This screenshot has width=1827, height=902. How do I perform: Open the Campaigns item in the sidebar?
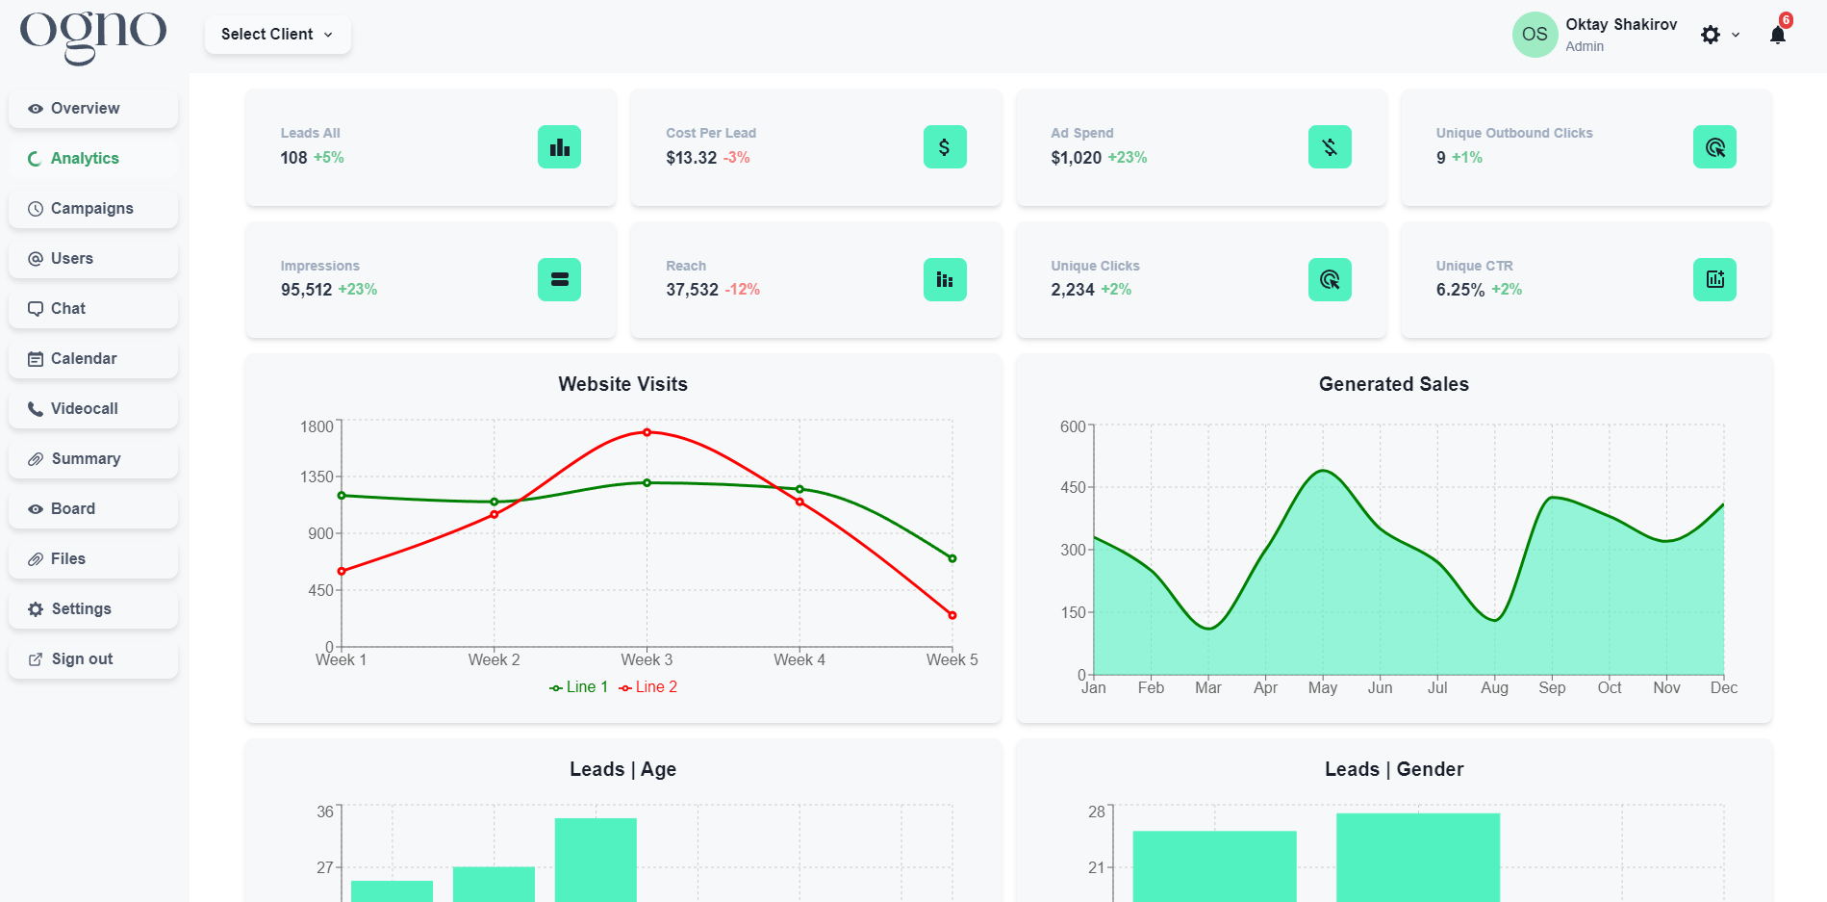coord(91,209)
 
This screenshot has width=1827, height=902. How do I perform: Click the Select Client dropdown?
coord(277,35)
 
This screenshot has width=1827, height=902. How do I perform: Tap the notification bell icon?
coord(1777,36)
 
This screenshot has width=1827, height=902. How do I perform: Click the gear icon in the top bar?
coord(1710,36)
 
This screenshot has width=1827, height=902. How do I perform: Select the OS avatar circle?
coord(1535,35)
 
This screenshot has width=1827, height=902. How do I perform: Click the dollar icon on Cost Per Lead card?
coord(944,147)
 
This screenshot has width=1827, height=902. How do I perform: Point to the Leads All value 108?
coord(293,158)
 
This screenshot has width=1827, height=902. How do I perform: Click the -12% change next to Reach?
coord(742,290)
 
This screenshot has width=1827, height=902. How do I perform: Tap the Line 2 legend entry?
coord(648,687)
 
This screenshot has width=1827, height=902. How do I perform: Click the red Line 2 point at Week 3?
coord(647,432)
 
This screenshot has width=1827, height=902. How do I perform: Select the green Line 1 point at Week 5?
coord(952,558)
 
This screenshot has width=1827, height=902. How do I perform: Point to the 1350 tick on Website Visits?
coord(317,477)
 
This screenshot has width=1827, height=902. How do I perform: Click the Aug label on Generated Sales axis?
coord(1494,688)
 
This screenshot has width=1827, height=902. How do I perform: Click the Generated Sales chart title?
coord(1393,384)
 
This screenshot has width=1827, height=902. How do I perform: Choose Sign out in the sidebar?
coord(82,659)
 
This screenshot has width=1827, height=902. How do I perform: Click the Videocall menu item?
coord(84,409)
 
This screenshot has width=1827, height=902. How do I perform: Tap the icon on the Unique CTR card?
coord(1714,280)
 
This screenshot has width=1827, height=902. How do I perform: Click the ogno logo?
coord(93,37)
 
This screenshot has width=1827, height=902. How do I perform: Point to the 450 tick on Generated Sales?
coord(1073,488)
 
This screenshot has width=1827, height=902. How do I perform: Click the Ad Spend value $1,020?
coord(1076,158)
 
